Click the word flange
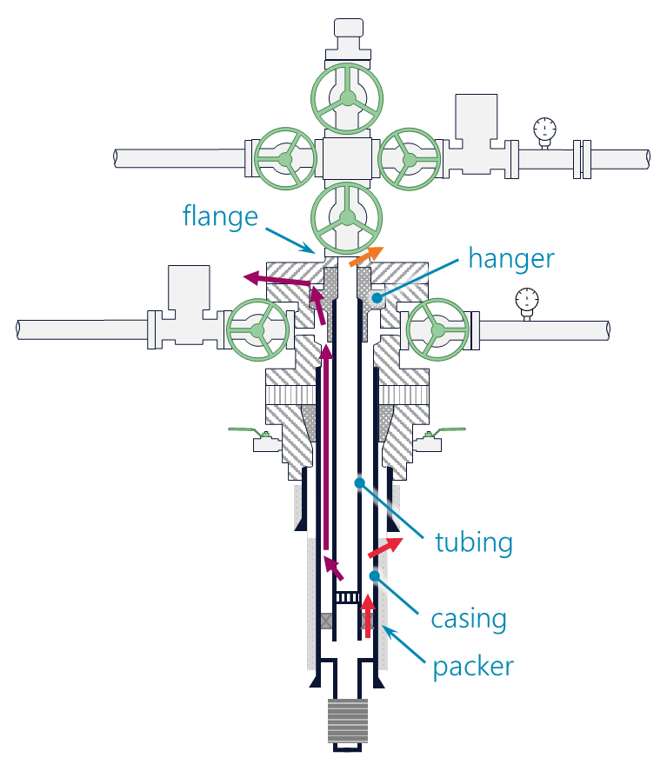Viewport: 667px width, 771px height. pos(220,216)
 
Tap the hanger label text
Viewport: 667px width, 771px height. pos(510,258)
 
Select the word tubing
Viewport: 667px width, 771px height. pos(474,543)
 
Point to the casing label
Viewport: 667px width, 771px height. pos(469,620)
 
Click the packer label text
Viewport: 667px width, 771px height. pos(473,668)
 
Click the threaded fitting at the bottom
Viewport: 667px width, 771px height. pos(347,721)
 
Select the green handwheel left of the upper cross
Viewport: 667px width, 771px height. pos(284,159)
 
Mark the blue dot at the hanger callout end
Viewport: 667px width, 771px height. pos(377,298)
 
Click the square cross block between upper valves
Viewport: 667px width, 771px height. pos(347,159)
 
